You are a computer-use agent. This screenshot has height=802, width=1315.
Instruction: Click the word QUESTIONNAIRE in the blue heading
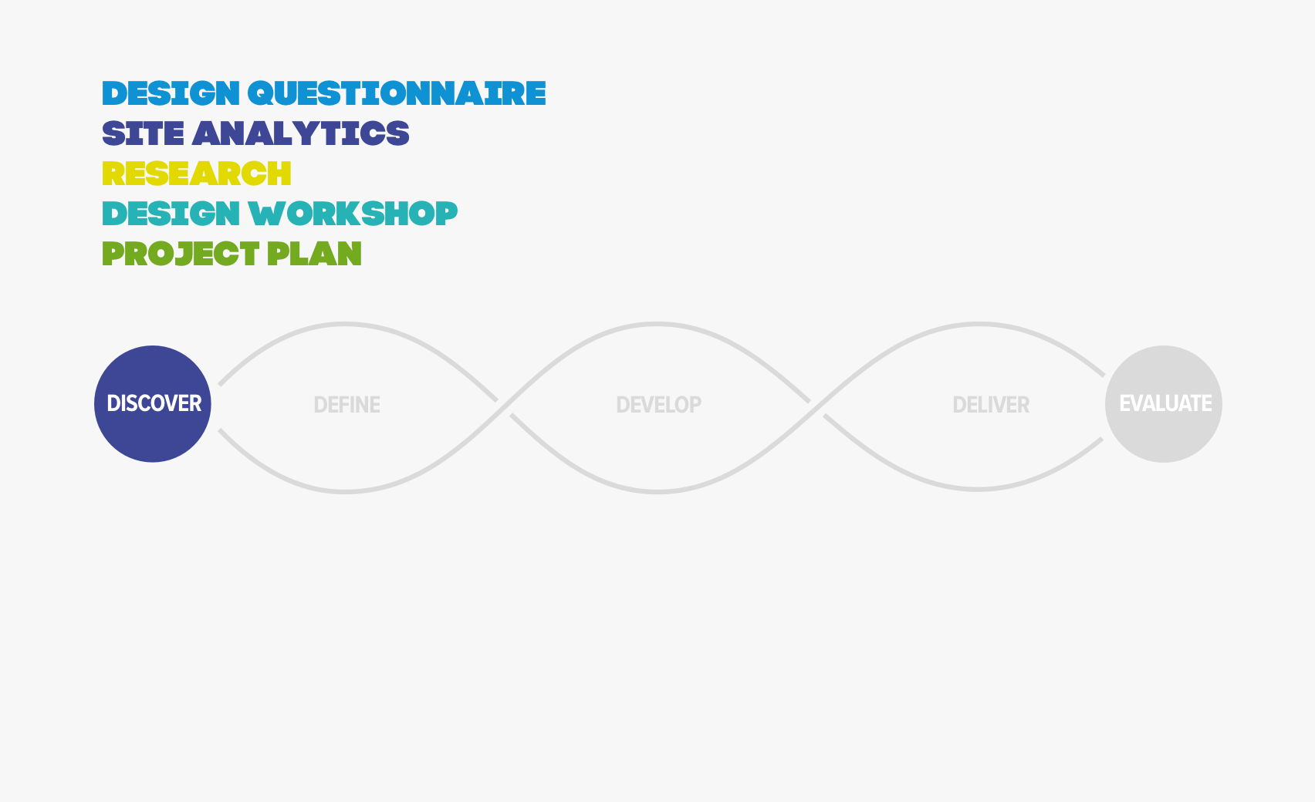pos(397,94)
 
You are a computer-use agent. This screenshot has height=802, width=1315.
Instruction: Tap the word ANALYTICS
pos(300,133)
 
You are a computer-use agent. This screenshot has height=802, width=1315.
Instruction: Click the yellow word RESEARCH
pos(197,174)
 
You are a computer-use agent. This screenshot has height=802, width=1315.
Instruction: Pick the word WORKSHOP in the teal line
pos(353,214)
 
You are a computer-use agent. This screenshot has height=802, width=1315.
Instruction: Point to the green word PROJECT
pos(181,254)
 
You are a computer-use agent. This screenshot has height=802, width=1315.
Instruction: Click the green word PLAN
pos(314,254)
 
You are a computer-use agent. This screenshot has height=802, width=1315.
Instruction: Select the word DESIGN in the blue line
pos(171,94)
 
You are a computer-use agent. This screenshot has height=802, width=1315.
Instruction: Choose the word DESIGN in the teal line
pos(171,214)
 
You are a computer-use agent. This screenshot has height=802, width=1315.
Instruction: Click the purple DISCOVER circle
pos(153,403)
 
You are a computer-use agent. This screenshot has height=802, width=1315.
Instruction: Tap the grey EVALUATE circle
pos(1164,403)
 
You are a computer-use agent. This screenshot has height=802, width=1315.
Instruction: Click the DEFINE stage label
pos(347,405)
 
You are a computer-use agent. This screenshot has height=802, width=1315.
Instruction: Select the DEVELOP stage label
pos(659,405)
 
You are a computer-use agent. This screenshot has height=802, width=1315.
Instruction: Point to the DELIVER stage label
pos(991,405)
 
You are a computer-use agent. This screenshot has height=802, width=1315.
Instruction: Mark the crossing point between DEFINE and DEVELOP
pos(504,408)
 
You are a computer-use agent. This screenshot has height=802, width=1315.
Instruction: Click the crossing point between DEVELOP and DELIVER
pos(816,408)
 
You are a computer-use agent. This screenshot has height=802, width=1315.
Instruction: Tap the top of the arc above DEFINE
pos(345,323)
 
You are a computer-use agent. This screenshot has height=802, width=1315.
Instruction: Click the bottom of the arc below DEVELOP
pos(657,492)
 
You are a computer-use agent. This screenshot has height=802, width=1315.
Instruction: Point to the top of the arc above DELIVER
pos(978,323)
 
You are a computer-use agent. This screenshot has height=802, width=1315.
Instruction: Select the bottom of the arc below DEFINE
pos(345,492)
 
